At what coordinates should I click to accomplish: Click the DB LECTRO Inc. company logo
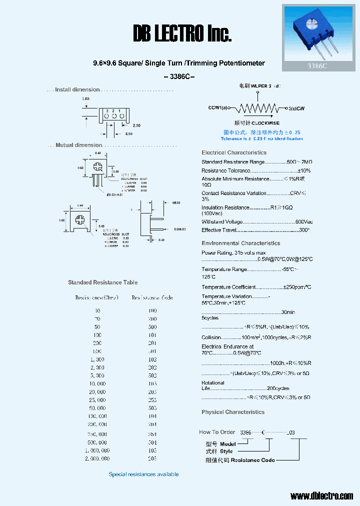[x=182, y=34]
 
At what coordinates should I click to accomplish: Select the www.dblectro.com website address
[x=321, y=496]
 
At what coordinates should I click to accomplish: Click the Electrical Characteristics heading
[x=234, y=152]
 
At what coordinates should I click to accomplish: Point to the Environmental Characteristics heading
[x=240, y=243]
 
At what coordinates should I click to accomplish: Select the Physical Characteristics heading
[x=233, y=412]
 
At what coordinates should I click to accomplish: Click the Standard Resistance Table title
[x=102, y=282]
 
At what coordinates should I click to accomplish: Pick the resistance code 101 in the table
[x=152, y=335]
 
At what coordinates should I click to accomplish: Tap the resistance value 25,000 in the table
[x=97, y=400]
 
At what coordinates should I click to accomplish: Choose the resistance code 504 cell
[x=152, y=442]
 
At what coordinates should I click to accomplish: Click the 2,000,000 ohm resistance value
[x=97, y=458]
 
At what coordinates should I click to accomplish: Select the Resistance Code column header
[x=152, y=298]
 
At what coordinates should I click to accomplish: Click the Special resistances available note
[x=143, y=474]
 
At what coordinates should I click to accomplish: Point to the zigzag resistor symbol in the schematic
[x=257, y=107]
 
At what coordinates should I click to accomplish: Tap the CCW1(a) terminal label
[x=217, y=107]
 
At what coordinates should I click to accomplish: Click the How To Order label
[x=217, y=432]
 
